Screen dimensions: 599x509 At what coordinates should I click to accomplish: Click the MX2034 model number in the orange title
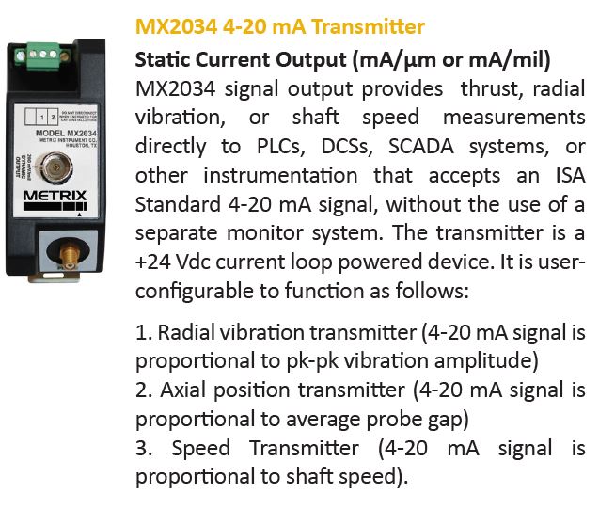(x=176, y=26)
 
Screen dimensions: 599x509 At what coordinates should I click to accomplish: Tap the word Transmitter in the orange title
(x=369, y=26)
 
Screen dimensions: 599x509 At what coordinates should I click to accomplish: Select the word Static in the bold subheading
(x=163, y=59)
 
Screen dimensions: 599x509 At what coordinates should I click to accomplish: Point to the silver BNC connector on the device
(x=56, y=167)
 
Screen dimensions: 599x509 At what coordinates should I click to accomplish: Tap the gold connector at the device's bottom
(x=69, y=252)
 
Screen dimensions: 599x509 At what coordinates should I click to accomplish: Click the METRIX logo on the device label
(x=55, y=196)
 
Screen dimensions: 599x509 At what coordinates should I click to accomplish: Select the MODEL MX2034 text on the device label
(x=66, y=133)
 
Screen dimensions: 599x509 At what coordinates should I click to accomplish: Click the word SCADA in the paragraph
(x=421, y=147)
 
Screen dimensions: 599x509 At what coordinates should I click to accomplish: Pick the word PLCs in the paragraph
(x=281, y=147)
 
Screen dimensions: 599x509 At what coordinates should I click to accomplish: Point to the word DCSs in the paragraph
(x=346, y=147)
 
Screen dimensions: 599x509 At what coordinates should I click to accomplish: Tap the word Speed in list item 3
(x=201, y=448)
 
